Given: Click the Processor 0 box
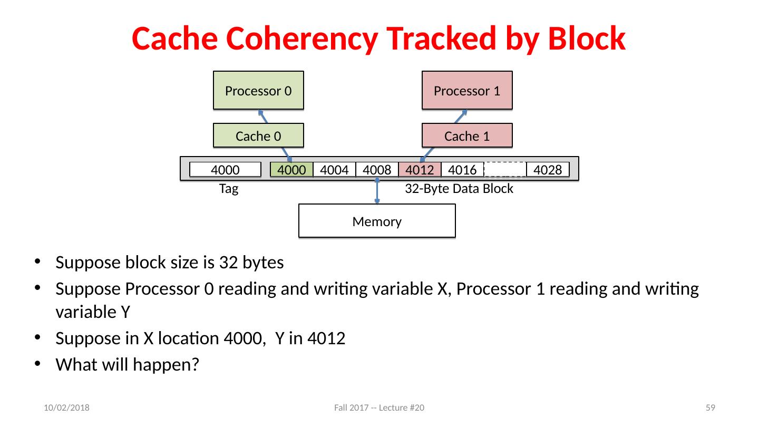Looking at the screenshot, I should pyautogui.click(x=258, y=90).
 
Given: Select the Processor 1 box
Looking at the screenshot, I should pyautogui.click(x=466, y=90).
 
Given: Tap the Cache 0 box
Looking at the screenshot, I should pyautogui.click(x=258, y=135).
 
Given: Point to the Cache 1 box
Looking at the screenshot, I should pyautogui.click(x=466, y=135).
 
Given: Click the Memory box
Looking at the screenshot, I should pyautogui.click(x=377, y=221).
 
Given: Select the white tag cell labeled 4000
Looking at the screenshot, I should pyautogui.click(x=225, y=170).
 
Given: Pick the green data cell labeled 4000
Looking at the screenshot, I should pyautogui.click(x=292, y=170).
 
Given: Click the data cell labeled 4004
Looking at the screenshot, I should pyautogui.click(x=334, y=170).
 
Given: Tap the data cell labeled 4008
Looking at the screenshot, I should pyautogui.click(x=377, y=170).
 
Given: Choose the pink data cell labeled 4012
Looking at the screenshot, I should pyautogui.click(x=420, y=170).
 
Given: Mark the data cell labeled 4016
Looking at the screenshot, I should pyautogui.click(x=462, y=170).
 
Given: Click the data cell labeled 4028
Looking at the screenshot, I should pyautogui.click(x=548, y=170).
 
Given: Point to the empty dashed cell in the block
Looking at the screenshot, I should pyautogui.click(x=505, y=169).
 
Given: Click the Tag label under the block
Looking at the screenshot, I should pyautogui.click(x=229, y=189).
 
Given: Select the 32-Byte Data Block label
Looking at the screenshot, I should pyautogui.click(x=459, y=189).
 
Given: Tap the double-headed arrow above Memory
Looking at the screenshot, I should pyautogui.click(x=377, y=190).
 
